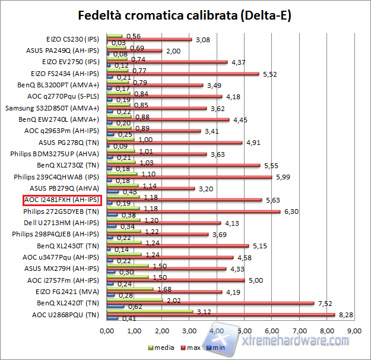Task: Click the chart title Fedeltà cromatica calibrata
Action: click(185, 15)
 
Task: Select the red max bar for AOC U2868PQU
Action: click(220, 315)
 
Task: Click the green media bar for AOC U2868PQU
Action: click(150, 311)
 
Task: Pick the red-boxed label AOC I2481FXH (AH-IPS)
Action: click(62, 200)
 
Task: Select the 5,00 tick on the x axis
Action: click(244, 330)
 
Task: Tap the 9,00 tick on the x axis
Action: click(353, 330)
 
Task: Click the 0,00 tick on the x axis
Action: click(107, 330)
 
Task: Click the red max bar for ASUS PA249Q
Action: click(134, 51)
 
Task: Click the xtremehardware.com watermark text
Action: click(297, 340)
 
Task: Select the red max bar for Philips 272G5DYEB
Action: click(193, 211)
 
